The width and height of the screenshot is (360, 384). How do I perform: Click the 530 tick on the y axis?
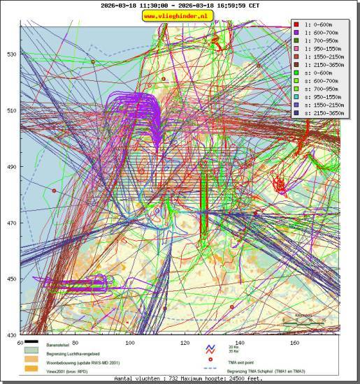coord(12,54)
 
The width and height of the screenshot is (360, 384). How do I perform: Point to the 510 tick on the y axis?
coord(12,110)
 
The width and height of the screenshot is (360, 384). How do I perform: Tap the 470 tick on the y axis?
coord(12,223)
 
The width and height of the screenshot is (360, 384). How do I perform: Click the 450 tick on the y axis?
coord(12,279)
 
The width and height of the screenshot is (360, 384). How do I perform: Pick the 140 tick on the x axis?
coord(239,343)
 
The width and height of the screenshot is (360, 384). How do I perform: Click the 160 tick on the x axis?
coord(294,343)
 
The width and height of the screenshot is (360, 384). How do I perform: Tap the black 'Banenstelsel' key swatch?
coord(31,345)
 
